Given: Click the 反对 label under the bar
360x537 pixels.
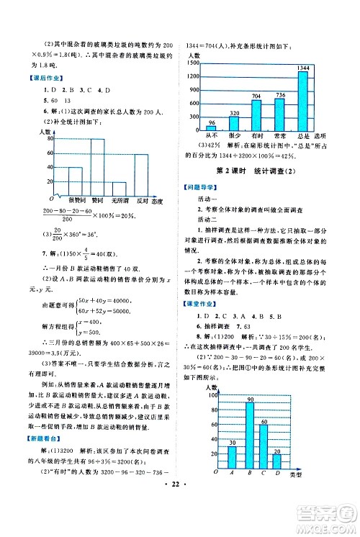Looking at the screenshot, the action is pos(142,199).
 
